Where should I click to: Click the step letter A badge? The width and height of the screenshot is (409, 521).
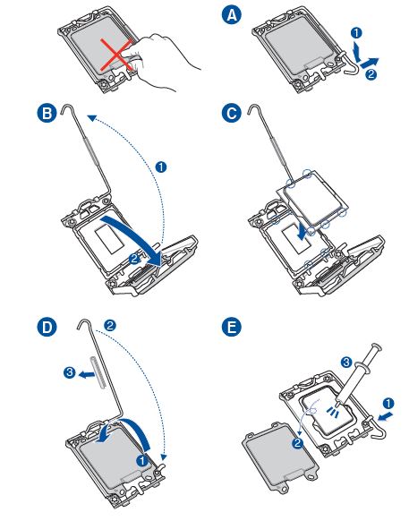(x=232, y=15)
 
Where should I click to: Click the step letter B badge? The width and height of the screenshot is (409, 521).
(x=47, y=113)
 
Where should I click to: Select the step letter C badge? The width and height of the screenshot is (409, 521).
(x=232, y=113)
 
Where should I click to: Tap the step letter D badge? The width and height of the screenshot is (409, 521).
(x=47, y=327)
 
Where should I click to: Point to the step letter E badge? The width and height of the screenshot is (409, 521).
(x=232, y=327)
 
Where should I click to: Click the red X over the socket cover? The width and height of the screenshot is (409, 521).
(x=117, y=55)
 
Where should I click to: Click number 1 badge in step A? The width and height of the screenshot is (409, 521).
(x=356, y=33)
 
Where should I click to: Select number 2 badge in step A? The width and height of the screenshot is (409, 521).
(x=371, y=73)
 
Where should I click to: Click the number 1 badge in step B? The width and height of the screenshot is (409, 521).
(x=161, y=167)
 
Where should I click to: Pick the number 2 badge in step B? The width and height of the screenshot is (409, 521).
(x=134, y=259)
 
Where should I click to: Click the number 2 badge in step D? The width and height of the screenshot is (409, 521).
(x=110, y=325)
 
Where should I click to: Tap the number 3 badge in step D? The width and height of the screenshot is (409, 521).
(x=70, y=372)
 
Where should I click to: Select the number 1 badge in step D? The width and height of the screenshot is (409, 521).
(x=142, y=460)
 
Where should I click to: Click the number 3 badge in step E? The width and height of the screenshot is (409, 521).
(x=346, y=362)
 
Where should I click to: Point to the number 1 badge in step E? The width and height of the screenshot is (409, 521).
(x=388, y=404)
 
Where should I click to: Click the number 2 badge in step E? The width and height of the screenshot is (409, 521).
(x=298, y=442)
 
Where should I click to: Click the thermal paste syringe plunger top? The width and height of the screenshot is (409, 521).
(x=377, y=347)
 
